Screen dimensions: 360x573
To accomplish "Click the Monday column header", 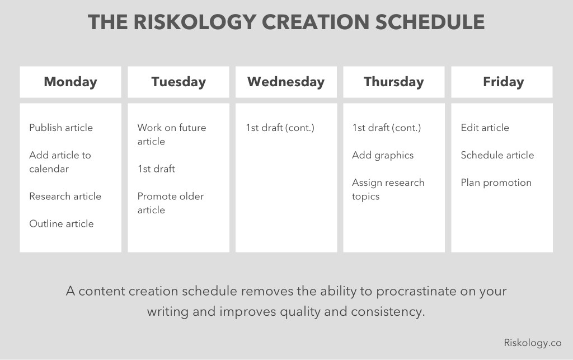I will tap(71, 82).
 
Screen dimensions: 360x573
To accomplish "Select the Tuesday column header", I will tap(179, 82).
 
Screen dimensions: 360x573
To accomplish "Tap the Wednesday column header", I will tap(286, 82).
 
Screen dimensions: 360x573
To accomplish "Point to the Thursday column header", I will tap(394, 82).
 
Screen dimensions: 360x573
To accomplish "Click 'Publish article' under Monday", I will tap(61, 128).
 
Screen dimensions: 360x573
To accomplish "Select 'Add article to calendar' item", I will tap(60, 162).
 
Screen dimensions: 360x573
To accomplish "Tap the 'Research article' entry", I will tap(65, 196).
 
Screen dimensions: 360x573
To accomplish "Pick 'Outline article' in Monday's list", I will tap(62, 223).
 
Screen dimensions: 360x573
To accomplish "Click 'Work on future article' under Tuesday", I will tap(171, 134).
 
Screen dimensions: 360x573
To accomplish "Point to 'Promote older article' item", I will tap(171, 203).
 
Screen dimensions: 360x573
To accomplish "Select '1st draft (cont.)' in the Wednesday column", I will tap(280, 128).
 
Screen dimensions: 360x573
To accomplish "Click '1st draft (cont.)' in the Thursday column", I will tap(387, 128).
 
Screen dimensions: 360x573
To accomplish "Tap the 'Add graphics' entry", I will tap(383, 155).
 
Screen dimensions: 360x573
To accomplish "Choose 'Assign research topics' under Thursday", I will tap(388, 189).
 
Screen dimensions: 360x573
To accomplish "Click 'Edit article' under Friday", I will tap(485, 128).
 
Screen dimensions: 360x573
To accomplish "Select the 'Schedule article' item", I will tap(497, 155).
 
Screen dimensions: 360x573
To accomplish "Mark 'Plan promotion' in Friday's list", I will tap(496, 183).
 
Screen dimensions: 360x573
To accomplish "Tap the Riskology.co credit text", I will tap(533, 343).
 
